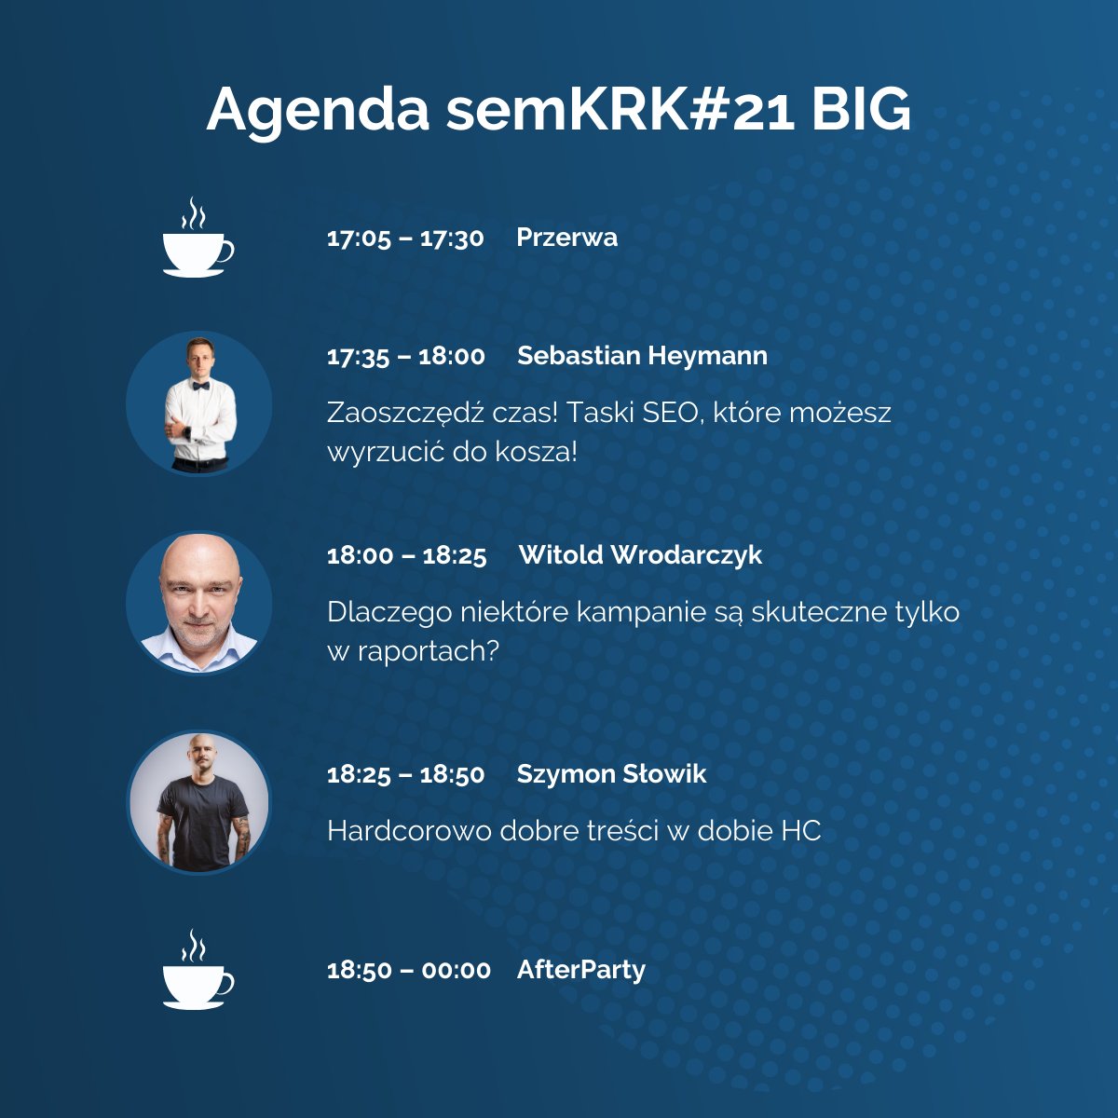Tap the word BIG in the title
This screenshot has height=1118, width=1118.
(861, 110)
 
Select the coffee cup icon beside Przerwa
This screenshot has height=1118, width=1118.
(197, 240)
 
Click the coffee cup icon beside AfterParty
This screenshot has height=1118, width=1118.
(197, 973)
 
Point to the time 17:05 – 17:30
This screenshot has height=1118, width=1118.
(405, 238)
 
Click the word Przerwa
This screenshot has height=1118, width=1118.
(566, 237)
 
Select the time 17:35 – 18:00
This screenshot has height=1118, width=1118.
(405, 356)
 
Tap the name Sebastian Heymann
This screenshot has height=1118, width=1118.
(642, 355)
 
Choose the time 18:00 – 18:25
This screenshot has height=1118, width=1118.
(406, 556)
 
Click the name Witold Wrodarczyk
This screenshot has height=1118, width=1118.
(640, 555)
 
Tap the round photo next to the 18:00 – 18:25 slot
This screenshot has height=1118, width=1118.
(199, 603)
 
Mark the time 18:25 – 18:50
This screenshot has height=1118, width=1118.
(405, 774)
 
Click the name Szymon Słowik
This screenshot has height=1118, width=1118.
(611, 773)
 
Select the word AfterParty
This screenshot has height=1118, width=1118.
(580, 969)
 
